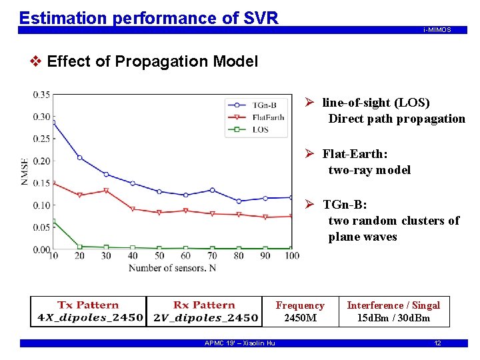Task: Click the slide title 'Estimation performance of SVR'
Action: point(149,18)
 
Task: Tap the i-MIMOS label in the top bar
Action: point(437,30)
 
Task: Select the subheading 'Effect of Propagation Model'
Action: point(153,62)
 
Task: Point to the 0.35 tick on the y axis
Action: point(41,95)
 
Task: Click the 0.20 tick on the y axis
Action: point(41,161)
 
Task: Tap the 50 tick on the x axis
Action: point(159,256)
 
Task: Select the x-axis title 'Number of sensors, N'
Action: point(172,268)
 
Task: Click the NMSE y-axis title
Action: point(25,172)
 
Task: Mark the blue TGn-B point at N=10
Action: point(53,123)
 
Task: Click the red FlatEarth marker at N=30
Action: point(106,191)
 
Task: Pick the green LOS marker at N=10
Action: point(53,221)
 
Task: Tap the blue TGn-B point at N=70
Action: point(212,190)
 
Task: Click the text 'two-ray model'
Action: point(369,170)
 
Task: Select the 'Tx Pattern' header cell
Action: point(88,305)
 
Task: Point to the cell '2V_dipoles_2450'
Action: point(205,317)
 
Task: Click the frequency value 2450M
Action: point(300,318)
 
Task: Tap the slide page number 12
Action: point(437,343)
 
